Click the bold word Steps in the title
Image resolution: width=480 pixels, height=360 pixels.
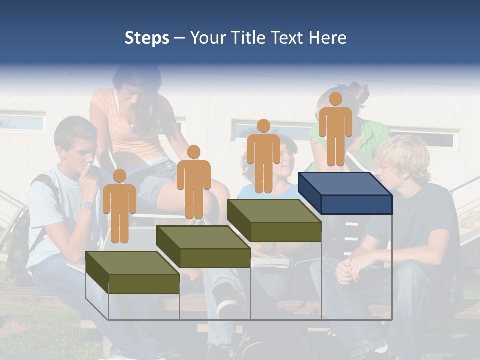pos(147,38)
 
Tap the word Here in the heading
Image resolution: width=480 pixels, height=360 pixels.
pos(327,38)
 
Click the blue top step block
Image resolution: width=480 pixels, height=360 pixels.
pos(345,193)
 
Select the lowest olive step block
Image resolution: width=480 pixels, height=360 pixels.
pos(132,272)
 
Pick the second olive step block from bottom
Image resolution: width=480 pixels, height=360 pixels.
pos(203,246)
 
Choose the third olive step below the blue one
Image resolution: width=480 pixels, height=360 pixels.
pos(274,220)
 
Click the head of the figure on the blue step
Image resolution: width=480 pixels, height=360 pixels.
pos(335,99)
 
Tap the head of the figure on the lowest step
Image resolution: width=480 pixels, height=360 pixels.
pos(119,176)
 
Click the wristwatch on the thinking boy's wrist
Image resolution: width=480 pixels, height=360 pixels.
pos(88,205)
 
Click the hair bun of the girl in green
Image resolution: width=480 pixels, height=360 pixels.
pos(359,92)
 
